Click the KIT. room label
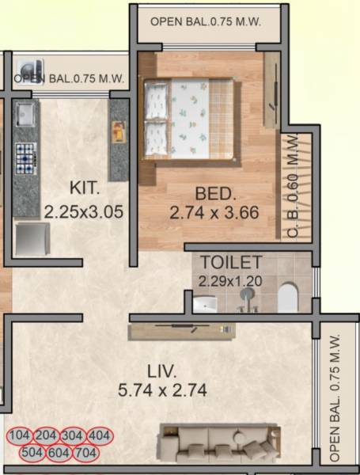click(x=84, y=188)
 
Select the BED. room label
click(x=214, y=193)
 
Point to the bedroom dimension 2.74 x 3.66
click(x=214, y=213)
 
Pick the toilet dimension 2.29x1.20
click(x=230, y=281)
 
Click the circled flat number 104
click(x=22, y=435)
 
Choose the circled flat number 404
click(x=100, y=435)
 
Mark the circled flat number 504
click(x=34, y=453)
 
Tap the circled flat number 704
click(x=85, y=453)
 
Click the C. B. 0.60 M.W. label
click(x=294, y=186)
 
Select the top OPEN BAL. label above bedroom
click(x=205, y=22)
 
